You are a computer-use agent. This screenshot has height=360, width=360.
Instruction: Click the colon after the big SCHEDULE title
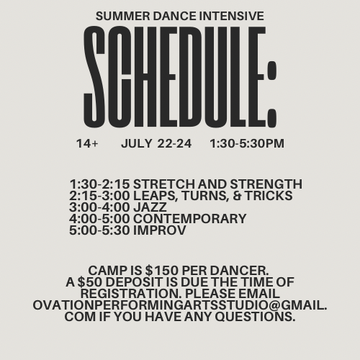(x=272, y=94)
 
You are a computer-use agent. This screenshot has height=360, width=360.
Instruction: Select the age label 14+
(x=87, y=143)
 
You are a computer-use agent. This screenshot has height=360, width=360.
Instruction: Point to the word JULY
(x=137, y=143)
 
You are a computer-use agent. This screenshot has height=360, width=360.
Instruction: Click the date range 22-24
(x=174, y=143)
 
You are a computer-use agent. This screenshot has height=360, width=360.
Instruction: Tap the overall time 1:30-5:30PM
(x=247, y=143)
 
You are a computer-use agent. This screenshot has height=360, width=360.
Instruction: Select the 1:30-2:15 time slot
(x=99, y=184)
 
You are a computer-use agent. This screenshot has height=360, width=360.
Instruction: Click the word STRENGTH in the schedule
(x=266, y=184)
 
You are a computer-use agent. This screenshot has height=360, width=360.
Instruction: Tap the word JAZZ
(x=150, y=207)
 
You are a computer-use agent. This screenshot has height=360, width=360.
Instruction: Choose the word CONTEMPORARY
(x=190, y=219)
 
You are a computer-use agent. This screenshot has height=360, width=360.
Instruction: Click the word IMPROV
(x=160, y=230)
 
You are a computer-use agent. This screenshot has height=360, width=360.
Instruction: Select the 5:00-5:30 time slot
(x=99, y=230)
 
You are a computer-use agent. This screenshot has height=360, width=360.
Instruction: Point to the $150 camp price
(x=162, y=271)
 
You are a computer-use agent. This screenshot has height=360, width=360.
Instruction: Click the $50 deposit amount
(x=90, y=282)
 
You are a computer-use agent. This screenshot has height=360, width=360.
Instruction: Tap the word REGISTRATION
(x=131, y=294)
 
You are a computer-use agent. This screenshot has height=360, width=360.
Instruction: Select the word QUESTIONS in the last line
(x=255, y=317)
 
